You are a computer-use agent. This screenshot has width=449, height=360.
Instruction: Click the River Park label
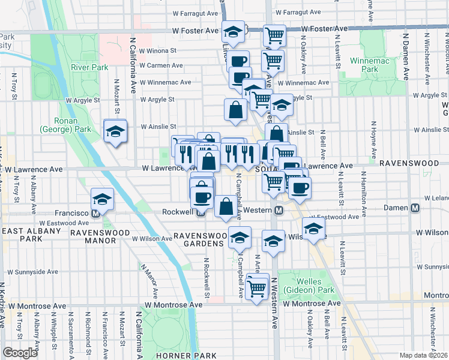point(89,67)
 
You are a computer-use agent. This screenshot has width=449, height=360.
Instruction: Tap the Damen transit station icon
point(415,209)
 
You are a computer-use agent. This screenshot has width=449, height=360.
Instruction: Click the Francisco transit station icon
point(95,214)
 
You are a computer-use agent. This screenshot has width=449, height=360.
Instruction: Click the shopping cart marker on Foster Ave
point(275,35)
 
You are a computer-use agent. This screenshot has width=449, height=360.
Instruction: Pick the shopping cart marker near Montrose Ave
point(257,289)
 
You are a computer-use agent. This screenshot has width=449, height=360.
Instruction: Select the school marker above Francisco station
point(103,198)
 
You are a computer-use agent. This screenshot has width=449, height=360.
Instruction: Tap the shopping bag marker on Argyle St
point(235,109)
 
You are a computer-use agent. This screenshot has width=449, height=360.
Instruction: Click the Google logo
point(20,353)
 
